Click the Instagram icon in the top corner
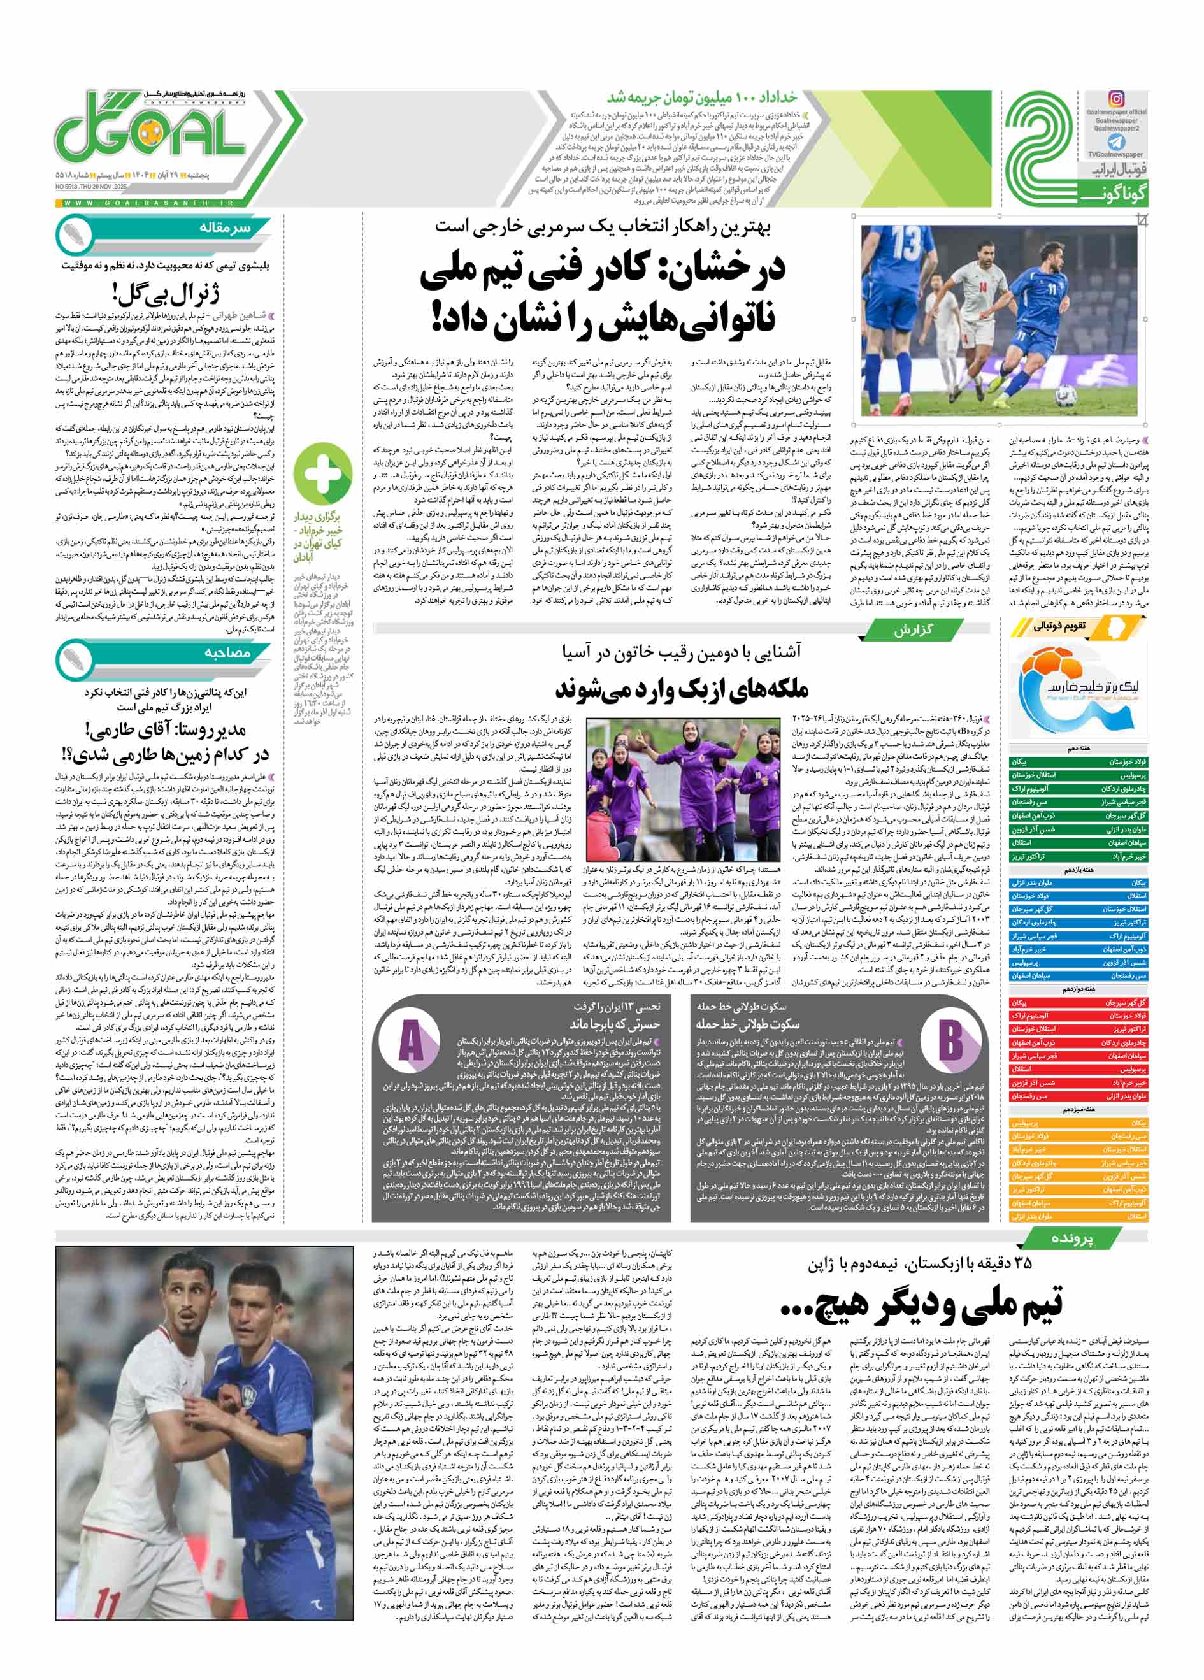coord(1116,99)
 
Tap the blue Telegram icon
coord(1116,142)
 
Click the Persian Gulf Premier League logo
coord(1079,689)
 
